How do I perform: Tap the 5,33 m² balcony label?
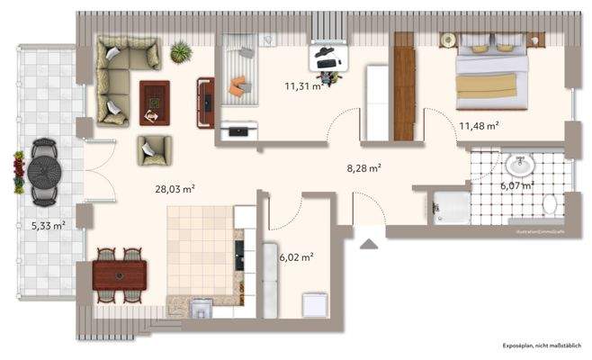[47, 226]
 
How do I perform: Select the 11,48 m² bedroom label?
[479, 125]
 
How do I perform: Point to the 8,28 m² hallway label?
[364, 167]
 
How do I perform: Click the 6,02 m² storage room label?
[296, 257]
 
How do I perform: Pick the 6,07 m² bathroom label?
[516, 185]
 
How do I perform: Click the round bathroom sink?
[520, 166]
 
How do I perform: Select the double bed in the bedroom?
[489, 73]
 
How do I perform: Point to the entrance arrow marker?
[368, 241]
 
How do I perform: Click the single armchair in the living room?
[154, 149]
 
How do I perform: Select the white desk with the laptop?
[328, 56]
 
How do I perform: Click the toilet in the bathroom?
[551, 204]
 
